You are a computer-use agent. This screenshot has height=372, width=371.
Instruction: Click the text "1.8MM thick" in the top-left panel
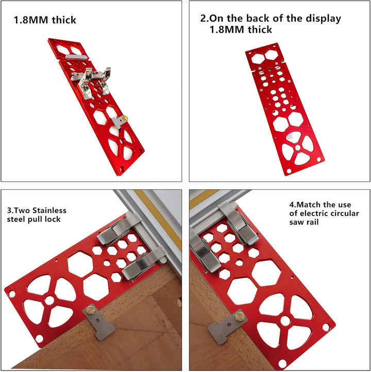coord(45,20)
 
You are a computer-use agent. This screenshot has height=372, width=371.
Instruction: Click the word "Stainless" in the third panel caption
coord(49,211)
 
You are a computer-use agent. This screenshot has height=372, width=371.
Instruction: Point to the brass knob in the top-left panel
coord(125,118)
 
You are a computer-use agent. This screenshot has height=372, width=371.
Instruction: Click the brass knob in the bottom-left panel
coord(90,310)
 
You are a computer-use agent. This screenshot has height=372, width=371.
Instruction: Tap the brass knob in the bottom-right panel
coord(240,317)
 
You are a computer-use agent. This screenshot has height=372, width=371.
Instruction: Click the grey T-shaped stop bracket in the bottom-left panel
coord(98,322)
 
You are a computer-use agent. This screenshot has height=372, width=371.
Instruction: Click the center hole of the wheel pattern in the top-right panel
coord(298,148)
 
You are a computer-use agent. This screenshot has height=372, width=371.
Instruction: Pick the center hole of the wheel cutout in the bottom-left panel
coord(49,300)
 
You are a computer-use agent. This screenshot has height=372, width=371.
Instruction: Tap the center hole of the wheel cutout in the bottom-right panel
coord(285,321)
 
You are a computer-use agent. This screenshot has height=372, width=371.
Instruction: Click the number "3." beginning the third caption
coord(10,211)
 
